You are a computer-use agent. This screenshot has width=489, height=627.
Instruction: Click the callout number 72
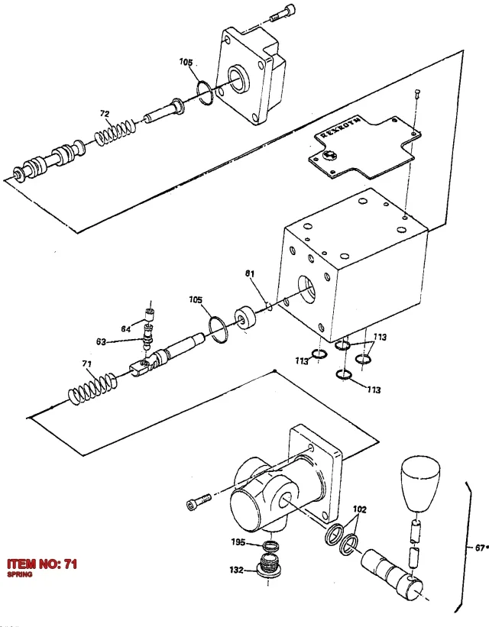click(x=105, y=114)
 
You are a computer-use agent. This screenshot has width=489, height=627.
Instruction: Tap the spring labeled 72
click(x=115, y=132)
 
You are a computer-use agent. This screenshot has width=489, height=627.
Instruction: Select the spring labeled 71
click(x=93, y=388)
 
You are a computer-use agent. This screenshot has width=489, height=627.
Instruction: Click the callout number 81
click(x=250, y=273)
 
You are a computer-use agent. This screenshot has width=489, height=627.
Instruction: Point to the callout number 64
click(x=125, y=328)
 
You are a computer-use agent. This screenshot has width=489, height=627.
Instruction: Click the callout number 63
click(x=101, y=341)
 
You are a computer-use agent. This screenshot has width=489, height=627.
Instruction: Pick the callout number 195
click(x=238, y=542)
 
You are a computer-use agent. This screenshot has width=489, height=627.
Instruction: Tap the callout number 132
click(x=237, y=570)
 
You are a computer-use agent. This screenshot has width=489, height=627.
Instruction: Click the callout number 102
click(x=359, y=509)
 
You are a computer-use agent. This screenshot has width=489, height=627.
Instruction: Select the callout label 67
click(x=480, y=548)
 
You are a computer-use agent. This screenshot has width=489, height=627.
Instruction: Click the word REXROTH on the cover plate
click(x=340, y=128)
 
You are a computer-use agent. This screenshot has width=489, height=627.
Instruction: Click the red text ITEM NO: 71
click(x=42, y=564)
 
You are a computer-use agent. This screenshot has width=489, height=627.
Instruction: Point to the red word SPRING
click(x=20, y=574)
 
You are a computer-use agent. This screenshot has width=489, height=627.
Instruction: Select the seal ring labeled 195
click(x=271, y=545)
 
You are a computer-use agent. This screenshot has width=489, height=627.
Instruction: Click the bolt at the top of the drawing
click(x=283, y=13)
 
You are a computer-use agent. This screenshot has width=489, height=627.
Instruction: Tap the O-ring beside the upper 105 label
click(x=206, y=92)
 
